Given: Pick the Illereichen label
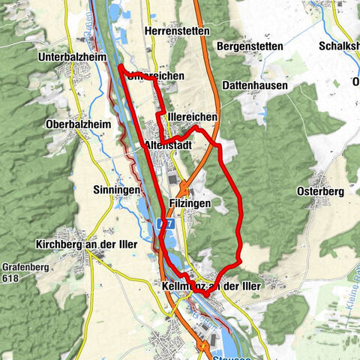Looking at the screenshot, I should [193, 117].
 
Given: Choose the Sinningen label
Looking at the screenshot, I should [118, 190].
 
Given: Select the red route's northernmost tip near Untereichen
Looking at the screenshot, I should [120, 67].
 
